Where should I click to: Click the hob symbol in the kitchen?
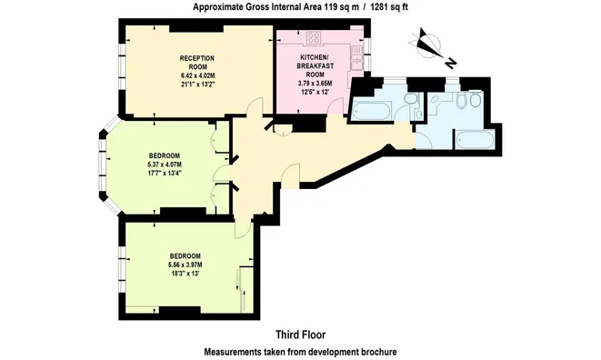point(314,37)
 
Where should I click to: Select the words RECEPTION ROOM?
point(197,63)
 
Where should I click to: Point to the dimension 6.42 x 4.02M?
point(197,76)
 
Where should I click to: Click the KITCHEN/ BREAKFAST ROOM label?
point(316,65)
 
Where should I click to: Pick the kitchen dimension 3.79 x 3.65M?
point(316,84)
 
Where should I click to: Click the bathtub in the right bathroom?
point(474,139)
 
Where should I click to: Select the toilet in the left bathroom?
point(411,99)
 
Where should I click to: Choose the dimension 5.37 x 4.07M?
point(164,165)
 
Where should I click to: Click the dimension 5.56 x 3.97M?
point(185,265)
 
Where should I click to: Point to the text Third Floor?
point(300,335)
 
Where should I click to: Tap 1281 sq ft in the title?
point(388,7)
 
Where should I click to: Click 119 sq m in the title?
point(341,7)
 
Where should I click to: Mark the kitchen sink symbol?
point(356,58)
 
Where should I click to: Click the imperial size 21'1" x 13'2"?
point(197,85)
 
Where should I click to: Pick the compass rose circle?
point(426,45)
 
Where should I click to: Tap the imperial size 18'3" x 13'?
point(185,274)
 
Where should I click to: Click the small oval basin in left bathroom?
point(418,115)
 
